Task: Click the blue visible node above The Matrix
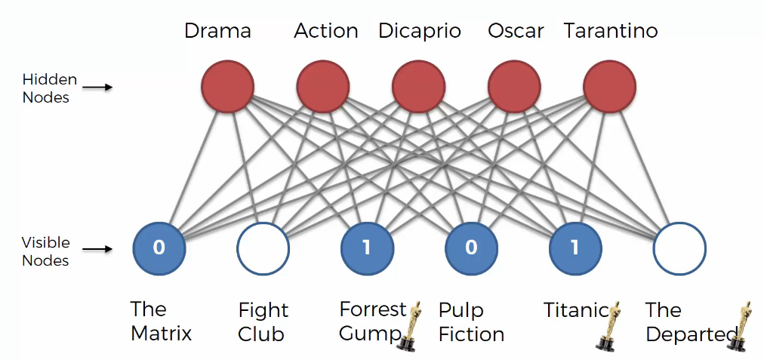[159, 248]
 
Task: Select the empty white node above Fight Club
[263, 248]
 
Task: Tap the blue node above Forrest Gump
[367, 248]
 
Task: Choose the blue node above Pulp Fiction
[471, 248]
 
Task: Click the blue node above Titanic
[575, 248]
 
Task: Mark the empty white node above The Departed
[679, 248]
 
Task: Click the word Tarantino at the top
[611, 31]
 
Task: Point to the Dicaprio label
[420, 32]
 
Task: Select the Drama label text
[217, 31]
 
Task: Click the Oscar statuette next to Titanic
[608, 326]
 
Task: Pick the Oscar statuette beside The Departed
[738, 326]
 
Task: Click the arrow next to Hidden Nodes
[97, 88]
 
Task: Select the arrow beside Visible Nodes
[97, 249]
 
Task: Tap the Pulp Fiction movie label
[471, 322]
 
